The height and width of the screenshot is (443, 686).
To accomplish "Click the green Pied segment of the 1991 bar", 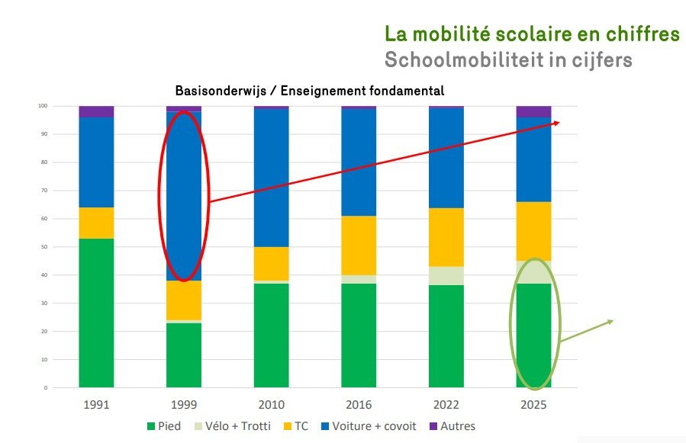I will (96, 313).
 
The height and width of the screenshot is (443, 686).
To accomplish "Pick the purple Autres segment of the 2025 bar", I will (533, 111).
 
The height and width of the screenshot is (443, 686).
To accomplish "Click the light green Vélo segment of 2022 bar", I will (446, 276).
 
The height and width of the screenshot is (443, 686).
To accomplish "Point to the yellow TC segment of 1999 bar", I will (184, 300).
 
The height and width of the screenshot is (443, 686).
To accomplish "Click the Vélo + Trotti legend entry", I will (233, 425).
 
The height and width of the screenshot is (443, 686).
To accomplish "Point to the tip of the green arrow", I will (613, 321).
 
